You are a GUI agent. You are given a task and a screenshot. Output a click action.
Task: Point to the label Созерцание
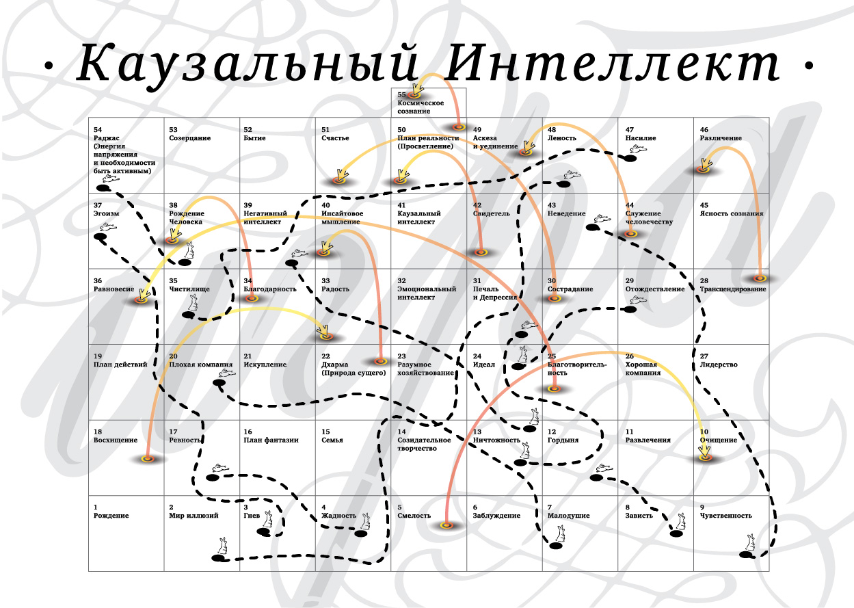pyautogui.click(x=190, y=138)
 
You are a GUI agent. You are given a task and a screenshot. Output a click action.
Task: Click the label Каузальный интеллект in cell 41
pyautogui.click(x=416, y=217)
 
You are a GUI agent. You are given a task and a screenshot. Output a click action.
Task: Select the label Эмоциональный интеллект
pyautogui.click(x=427, y=293)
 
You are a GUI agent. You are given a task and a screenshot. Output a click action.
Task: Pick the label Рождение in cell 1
pyautogui.click(x=111, y=516)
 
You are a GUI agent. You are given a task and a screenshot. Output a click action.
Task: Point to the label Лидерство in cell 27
pyautogui.click(x=719, y=365)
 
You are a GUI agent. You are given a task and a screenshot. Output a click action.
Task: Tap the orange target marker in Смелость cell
pyautogui.click(x=447, y=525)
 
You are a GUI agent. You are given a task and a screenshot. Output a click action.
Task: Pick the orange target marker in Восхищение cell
pyautogui.click(x=146, y=458)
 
